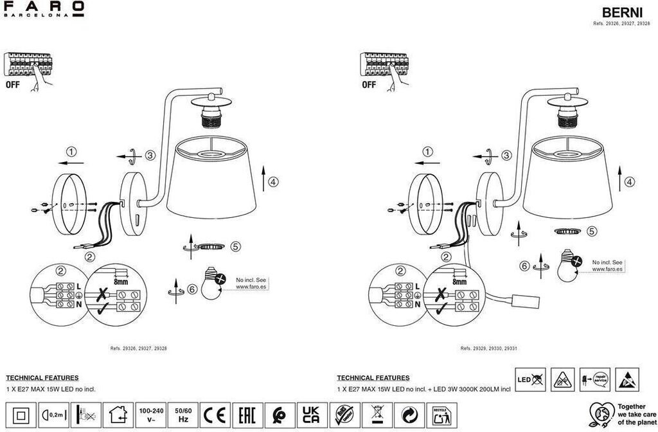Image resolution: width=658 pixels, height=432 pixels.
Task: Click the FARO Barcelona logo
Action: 44,9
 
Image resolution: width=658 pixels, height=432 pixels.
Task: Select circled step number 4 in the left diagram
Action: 273,182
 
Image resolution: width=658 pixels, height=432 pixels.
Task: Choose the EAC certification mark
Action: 247,413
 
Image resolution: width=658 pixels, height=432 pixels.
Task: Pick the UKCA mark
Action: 311,413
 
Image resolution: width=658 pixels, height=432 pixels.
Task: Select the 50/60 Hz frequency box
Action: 182,413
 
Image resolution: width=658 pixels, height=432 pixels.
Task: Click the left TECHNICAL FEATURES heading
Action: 42,378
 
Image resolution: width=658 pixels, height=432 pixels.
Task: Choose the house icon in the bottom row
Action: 118,413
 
